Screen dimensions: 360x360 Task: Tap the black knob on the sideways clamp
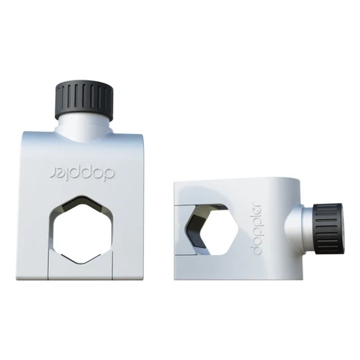tap(329, 229)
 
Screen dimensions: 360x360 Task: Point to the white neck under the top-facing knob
tap(84, 129)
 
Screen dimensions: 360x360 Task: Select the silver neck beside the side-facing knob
tap(301, 228)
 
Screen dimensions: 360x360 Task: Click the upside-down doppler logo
tap(82, 173)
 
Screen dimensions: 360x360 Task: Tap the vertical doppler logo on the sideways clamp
tap(254, 230)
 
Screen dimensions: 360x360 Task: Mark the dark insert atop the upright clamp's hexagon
tap(82, 203)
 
